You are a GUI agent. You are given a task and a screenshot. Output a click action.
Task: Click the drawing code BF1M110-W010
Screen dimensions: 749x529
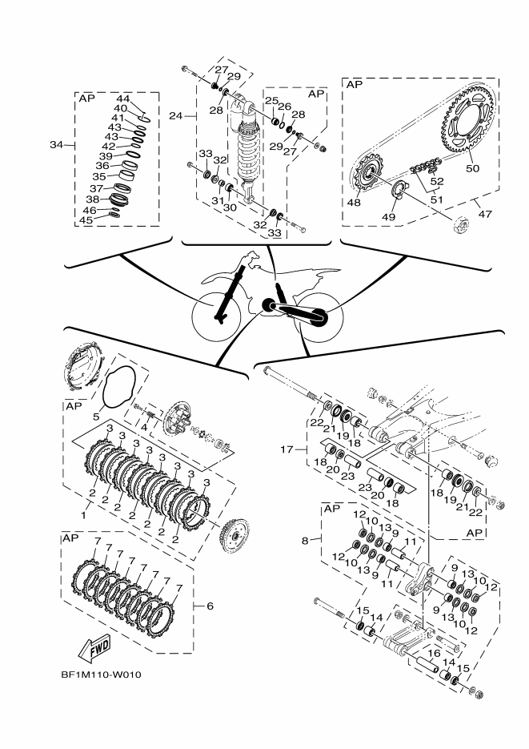pyautogui.click(x=100, y=673)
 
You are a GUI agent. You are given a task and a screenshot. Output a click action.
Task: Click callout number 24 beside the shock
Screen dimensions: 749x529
pyautogui.click(x=175, y=116)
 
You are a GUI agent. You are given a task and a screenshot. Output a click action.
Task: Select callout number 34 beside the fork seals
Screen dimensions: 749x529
pyautogui.click(x=55, y=145)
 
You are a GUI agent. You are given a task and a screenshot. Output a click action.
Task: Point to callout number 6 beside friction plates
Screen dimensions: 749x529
pyautogui.click(x=210, y=606)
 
